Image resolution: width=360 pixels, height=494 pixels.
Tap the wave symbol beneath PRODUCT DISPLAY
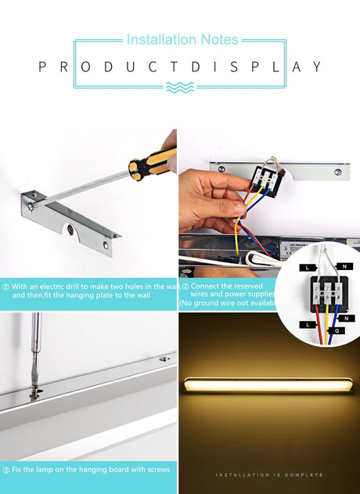180,88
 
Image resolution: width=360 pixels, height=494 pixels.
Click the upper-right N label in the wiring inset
345,267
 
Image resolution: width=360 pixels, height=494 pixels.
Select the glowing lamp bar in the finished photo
268,386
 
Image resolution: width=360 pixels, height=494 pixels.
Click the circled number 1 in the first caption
5,287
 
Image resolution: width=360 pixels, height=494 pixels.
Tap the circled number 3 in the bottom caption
5,469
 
